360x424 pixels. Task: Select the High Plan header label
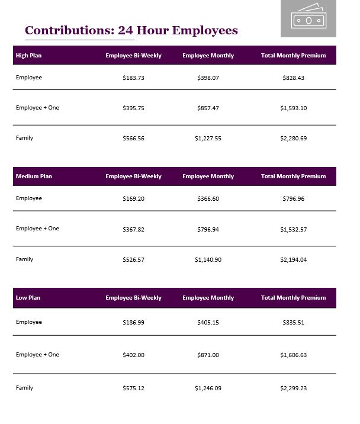28,56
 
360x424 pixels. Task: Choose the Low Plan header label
28,298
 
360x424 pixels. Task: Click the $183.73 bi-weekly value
133,78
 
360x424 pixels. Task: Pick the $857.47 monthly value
208,108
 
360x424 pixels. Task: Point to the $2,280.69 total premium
293,139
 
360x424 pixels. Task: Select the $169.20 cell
133,199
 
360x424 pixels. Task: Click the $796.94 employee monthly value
208,229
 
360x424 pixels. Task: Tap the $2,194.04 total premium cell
293,260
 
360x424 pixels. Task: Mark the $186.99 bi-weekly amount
133,323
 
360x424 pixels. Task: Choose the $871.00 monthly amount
208,355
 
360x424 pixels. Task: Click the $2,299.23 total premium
293,388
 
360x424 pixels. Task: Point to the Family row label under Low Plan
24,388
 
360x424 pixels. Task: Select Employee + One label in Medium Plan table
37,229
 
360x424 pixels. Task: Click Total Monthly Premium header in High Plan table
293,56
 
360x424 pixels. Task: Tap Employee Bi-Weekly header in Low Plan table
133,298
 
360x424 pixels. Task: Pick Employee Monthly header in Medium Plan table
208,176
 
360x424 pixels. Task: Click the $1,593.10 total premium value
293,108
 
